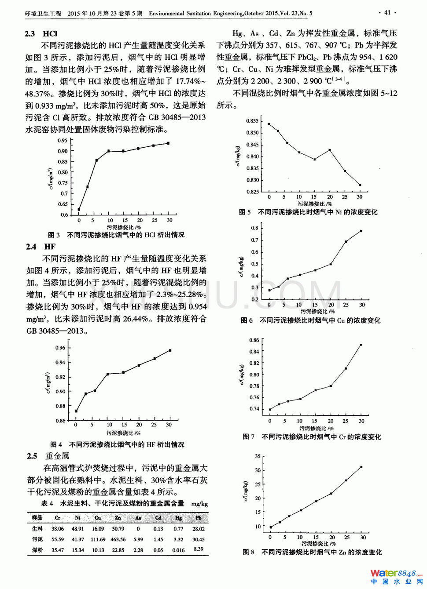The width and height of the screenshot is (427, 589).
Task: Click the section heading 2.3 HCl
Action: tap(41, 34)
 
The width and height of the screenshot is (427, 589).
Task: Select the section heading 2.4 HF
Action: tap(40, 247)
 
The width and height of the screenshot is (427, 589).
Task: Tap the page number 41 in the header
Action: tap(387, 13)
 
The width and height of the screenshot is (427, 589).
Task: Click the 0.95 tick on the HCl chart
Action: tap(63, 141)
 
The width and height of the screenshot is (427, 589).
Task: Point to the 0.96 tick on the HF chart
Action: tap(60, 348)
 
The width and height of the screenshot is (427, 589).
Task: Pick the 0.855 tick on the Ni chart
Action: tap(252, 121)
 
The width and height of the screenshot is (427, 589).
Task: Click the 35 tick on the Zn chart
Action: tap(258, 456)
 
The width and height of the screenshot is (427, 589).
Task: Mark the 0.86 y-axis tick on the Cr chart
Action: tap(254, 340)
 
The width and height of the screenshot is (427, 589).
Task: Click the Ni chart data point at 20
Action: tap(330, 150)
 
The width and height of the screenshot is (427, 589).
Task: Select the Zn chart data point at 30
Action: tap(361, 467)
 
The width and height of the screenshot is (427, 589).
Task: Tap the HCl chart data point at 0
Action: tap(79, 210)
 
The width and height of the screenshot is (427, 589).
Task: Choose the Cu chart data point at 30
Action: tap(361, 231)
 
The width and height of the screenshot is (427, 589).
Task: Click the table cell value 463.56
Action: tap(118, 539)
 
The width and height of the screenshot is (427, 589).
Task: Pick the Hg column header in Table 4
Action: tap(178, 518)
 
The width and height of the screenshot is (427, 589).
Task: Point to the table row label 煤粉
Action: tap(37, 550)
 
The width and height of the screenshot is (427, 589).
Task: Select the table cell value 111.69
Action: tap(98, 539)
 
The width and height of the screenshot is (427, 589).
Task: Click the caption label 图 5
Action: tap(245, 212)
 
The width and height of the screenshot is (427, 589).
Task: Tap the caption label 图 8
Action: tap(248, 552)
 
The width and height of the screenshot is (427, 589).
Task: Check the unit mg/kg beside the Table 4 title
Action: tap(199, 504)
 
